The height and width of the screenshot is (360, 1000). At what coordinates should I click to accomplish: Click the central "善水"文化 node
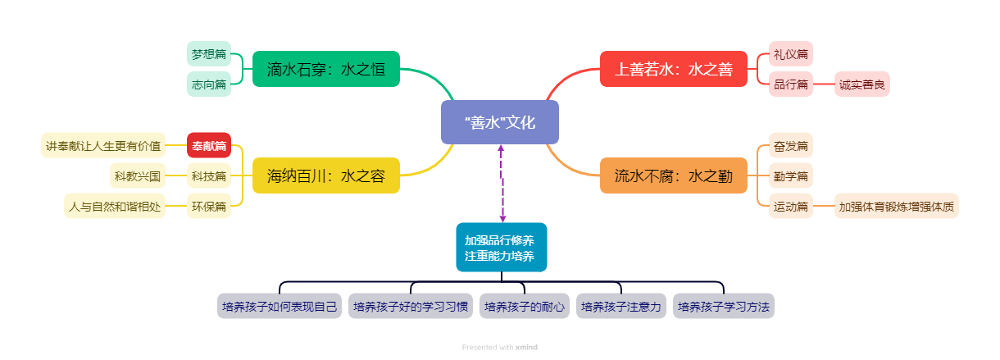[x=499, y=122]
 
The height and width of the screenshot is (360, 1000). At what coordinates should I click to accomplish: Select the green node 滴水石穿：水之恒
[x=325, y=69]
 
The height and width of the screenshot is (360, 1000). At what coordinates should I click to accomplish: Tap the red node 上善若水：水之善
[x=673, y=69]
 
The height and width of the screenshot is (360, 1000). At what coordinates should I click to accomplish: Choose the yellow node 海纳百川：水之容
[x=325, y=175]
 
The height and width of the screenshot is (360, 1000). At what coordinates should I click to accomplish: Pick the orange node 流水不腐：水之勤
[x=673, y=175]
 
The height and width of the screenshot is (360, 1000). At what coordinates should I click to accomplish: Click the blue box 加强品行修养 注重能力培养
[x=501, y=248]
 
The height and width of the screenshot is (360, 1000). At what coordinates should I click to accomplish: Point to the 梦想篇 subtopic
[x=209, y=55]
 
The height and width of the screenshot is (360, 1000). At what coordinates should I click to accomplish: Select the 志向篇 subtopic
[x=209, y=84]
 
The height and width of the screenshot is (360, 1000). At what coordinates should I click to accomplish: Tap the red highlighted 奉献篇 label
[x=209, y=145]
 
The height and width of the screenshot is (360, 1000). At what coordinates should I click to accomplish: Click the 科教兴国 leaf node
[x=139, y=175]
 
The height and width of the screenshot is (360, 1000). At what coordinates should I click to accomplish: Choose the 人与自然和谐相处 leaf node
[x=115, y=205]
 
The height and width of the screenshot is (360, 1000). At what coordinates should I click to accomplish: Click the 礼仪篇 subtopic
[x=791, y=55]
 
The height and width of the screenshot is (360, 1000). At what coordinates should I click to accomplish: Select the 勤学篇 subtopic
[x=791, y=175]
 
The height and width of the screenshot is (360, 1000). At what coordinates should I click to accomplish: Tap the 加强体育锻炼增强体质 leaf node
[x=896, y=205]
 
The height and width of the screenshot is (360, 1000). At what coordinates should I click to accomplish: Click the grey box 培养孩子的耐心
[x=525, y=307]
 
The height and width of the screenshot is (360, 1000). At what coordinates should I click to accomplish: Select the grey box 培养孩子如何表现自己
[x=280, y=307]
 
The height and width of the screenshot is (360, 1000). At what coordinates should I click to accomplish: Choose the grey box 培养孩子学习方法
[x=724, y=307]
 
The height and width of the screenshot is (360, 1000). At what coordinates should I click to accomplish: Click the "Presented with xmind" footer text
[x=499, y=347]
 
